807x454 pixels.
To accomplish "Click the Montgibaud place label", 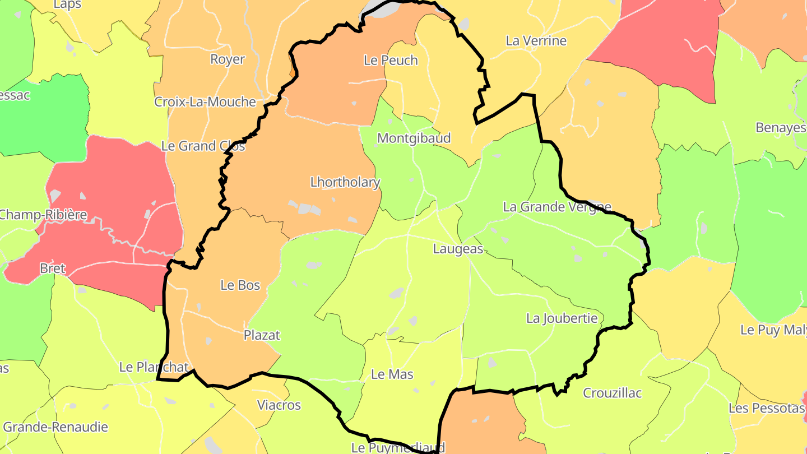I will pos(414,138).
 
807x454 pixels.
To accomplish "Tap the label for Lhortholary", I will pos(345,182).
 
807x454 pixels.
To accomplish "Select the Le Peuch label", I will pos(391,61).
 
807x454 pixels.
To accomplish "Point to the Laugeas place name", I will pos(458,249).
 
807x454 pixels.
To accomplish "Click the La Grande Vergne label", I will pos(556,207).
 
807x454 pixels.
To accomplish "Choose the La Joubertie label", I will pos(562,318).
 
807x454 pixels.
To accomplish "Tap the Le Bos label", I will pos(240,285).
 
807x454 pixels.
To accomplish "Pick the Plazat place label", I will pos(262,335).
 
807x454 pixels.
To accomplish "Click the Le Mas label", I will pos(392,374).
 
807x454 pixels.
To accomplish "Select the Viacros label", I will pos(279,405).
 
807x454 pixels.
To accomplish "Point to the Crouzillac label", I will pos(612,393).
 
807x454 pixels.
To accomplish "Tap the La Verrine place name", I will pos(536,41).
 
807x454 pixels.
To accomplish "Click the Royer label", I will pos(228,59).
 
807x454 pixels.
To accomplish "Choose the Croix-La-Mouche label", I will pos(205,102).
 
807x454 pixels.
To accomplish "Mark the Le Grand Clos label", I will pos(203,146).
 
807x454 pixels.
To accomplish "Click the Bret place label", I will pos(53,268).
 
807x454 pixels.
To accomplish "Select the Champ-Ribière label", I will pos(43,215).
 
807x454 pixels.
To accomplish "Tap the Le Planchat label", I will pos(154,367).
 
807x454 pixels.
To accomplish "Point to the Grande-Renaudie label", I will pos(55,427).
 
